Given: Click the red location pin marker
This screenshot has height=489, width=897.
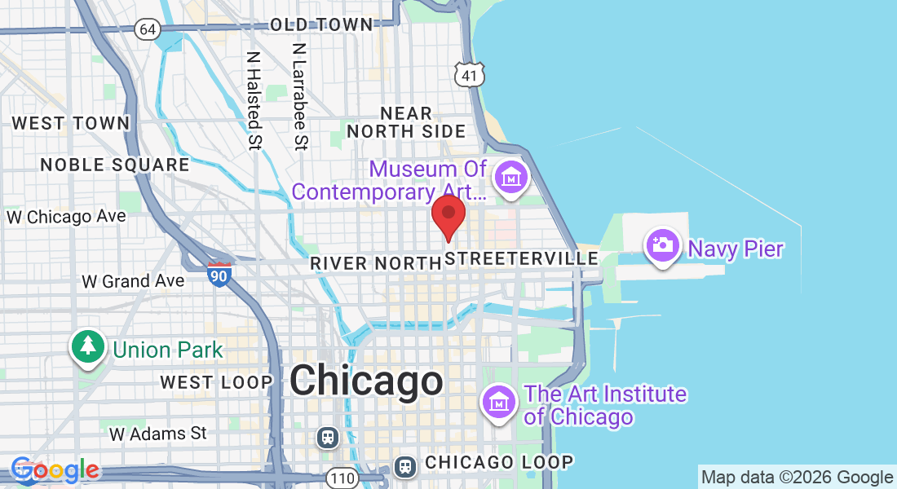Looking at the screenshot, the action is tap(448, 214).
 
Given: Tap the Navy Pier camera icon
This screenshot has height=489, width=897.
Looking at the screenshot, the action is tap(663, 244).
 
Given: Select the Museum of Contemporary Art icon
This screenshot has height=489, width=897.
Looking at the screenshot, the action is tap(511, 177).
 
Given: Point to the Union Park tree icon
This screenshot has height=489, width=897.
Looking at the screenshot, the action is tap(88, 346).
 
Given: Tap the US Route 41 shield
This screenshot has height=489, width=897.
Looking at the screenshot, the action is tap(471, 75).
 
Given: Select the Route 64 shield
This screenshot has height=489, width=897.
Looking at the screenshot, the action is tap(148, 29).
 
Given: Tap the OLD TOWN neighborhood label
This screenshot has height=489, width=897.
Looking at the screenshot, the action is tap(321, 25).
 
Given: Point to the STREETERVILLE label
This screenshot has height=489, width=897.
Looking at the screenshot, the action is tap(523, 259).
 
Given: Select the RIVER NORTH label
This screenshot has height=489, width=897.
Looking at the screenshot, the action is tap(376, 263).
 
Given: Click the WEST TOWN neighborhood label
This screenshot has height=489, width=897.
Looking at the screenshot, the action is tap(71, 124).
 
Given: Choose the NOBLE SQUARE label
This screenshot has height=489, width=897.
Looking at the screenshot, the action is tap(115, 165).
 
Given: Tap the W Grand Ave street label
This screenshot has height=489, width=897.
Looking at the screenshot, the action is tap(133, 281).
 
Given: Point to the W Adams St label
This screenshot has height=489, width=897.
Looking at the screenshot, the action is tap(159, 434).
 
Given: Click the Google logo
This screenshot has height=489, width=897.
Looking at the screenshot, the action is tap(55, 470).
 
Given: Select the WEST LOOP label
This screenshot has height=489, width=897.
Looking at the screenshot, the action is tap(216, 382).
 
